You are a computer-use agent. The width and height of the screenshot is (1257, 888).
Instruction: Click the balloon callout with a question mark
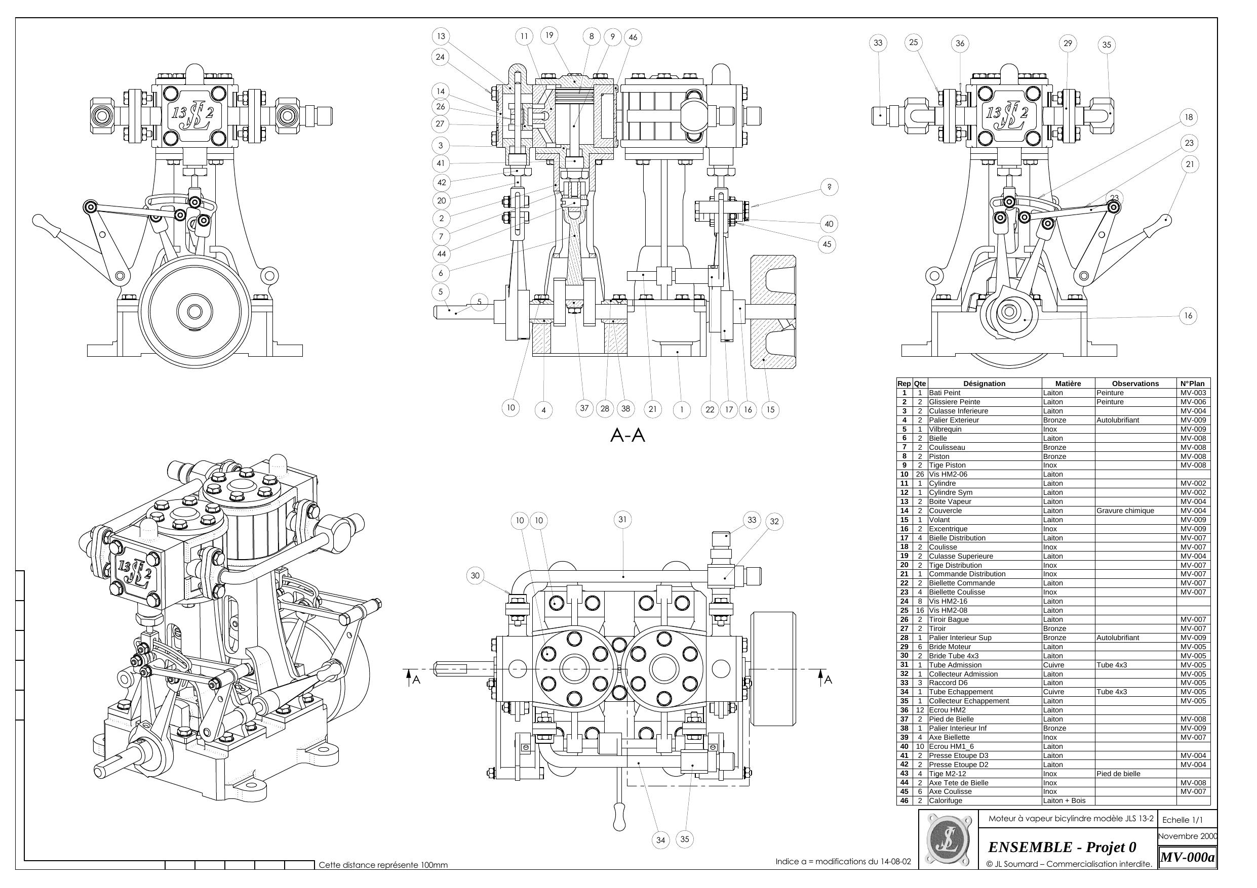[830, 187]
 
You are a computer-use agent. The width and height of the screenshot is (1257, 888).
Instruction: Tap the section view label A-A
[627, 436]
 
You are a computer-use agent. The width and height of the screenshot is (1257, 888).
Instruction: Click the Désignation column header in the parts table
[984, 384]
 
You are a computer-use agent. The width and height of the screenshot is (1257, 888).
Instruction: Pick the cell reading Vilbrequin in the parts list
[945, 429]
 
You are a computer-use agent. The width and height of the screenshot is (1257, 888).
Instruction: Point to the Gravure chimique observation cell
[1125, 511]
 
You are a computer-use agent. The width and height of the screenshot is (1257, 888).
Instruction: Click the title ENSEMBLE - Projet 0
[1062, 848]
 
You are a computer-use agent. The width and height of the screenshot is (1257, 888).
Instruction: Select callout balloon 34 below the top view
[661, 840]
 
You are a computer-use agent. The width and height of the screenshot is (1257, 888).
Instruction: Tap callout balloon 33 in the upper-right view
[878, 43]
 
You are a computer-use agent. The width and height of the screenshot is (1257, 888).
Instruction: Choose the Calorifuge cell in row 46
[945, 800]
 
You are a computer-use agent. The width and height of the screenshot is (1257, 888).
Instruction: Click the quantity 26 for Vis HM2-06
[920, 475]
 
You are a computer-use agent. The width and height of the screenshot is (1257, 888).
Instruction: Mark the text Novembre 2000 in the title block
[1187, 836]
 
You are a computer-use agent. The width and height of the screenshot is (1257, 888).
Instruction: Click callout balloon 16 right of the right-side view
[1188, 316]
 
